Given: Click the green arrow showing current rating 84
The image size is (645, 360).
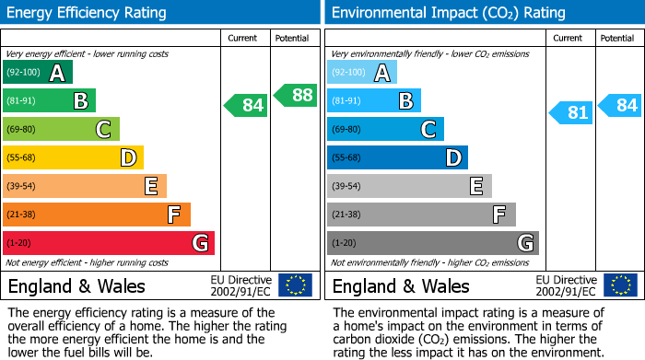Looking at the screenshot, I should (x=246, y=105).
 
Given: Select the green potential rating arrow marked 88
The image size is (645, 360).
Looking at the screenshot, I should (x=295, y=95).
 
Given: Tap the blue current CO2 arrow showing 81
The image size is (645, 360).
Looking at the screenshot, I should (x=571, y=113).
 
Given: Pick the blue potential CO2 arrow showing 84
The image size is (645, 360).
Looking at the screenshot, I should (x=620, y=105).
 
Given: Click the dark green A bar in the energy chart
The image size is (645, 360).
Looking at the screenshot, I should (x=38, y=73).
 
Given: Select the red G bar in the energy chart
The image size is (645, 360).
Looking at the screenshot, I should (x=109, y=243).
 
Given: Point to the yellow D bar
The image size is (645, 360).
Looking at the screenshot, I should (x=73, y=157).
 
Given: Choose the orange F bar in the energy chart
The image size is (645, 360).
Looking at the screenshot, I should (x=97, y=215).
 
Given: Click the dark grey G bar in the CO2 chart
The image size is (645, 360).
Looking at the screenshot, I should (x=432, y=243).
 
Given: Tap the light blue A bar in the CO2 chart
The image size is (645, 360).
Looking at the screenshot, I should (x=362, y=73).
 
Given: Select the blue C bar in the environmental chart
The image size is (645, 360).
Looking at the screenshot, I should (x=385, y=129).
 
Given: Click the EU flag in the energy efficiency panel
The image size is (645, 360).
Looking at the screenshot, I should (x=295, y=285).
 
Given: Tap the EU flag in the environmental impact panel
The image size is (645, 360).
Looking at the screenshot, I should (x=620, y=285).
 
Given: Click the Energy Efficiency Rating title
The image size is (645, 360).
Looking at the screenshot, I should (x=88, y=13).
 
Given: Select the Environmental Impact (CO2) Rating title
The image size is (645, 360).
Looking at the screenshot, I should (x=448, y=13).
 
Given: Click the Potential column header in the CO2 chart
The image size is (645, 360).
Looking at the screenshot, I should (x=616, y=38).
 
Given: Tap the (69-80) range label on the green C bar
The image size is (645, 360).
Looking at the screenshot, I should (x=22, y=129).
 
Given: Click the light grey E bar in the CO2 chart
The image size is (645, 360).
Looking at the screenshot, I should (x=409, y=186).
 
